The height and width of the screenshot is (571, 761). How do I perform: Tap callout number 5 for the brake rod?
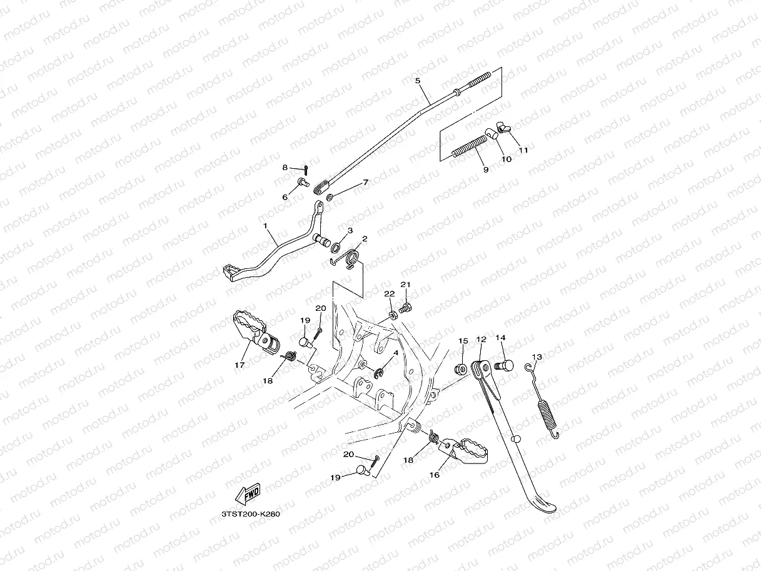[418, 81]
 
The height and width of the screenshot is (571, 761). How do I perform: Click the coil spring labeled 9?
[469, 148]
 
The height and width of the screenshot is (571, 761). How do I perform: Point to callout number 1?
[265, 225]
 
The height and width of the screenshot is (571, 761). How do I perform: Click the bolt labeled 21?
[405, 306]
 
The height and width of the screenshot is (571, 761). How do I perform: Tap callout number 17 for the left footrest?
[239, 365]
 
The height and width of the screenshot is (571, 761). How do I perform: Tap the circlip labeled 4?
[380, 373]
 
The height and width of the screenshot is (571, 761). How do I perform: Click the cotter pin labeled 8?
[306, 168]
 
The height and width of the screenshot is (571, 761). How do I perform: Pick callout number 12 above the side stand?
[481, 340]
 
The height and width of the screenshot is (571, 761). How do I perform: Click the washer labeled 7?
[330, 198]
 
